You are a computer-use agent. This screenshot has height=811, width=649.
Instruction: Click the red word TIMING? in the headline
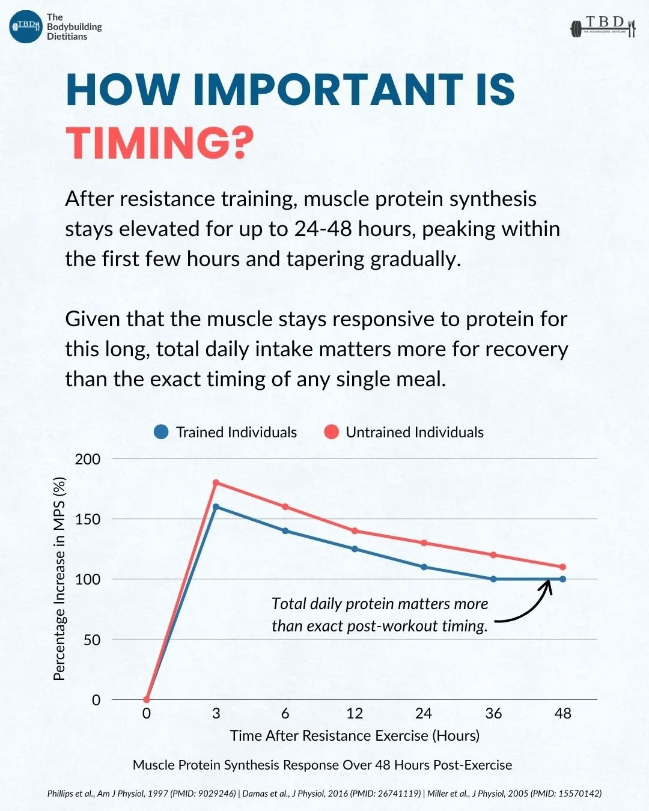(159, 143)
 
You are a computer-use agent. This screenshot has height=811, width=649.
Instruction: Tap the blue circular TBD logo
(26, 26)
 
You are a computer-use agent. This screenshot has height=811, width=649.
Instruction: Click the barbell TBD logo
(604, 27)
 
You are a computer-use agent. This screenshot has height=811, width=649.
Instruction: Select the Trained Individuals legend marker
(162, 432)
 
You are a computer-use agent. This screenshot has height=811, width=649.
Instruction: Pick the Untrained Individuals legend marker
(332, 432)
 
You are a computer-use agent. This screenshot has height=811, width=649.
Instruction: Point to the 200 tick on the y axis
(88, 460)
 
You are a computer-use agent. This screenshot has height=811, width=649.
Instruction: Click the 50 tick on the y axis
(92, 640)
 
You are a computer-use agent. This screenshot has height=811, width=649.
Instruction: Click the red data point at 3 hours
(216, 483)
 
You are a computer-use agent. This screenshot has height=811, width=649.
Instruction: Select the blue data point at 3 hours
(216, 507)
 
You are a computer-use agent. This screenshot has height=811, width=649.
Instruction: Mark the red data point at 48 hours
(562, 566)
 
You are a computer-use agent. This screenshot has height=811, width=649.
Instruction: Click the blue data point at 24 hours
(424, 566)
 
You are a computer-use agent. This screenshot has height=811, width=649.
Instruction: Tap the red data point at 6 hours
(285, 507)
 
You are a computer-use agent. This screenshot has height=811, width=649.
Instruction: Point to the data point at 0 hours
(147, 699)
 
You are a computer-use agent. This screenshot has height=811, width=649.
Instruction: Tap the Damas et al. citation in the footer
(331, 794)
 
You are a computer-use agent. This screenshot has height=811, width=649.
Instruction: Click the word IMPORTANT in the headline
(328, 90)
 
